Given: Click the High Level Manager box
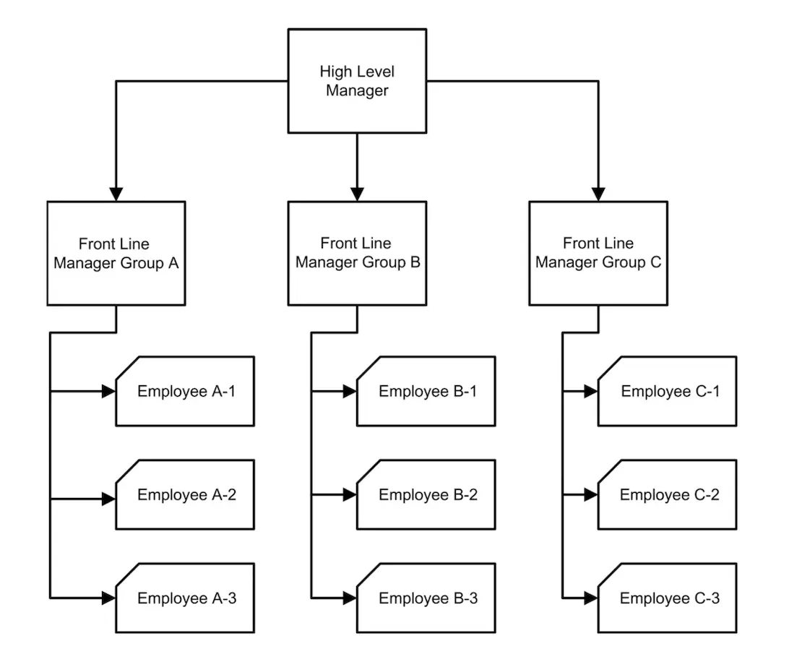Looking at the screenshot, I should pyautogui.click(x=357, y=81).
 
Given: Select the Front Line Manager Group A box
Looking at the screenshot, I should pyautogui.click(x=116, y=253).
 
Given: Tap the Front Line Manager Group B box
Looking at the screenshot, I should pyautogui.click(x=357, y=253).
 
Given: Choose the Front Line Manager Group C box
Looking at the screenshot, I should pyautogui.click(x=598, y=253).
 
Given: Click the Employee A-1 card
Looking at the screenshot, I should pyautogui.click(x=186, y=392).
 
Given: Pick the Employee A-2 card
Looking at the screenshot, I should pyautogui.click(x=186, y=495).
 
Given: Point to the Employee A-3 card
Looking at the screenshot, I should pyautogui.click(x=186, y=598).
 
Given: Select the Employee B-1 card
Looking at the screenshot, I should pyautogui.click(x=426, y=392).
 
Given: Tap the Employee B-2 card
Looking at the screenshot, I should pyautogui.click(x=426, y=495).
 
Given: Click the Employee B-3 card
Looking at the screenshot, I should pyautogui.click(x=426, y=598).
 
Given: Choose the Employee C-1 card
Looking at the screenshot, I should pyautogui.click(x=668, y=392).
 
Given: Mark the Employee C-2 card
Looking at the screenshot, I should pyautogui.click(x=668, y=495).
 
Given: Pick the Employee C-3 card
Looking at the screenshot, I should pyautogui.click(x=668, y=598).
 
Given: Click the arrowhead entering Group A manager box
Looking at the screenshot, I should pyautogui.click(x=116, y=194).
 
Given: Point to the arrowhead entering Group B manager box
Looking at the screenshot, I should pyautogui.click(x=357, y=194).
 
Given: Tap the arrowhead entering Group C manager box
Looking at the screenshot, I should pyautogui.click(x=598, y=194).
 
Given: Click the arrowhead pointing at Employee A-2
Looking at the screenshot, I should pyautogui.click(x=108, y=499).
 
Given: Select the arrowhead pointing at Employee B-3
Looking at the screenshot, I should pyautogui.click(x=350, y=598).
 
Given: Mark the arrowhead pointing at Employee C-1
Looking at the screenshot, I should pyautogui.click(x=591, y=392).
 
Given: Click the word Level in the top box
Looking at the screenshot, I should pyautogui.click(x=376, y=72).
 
